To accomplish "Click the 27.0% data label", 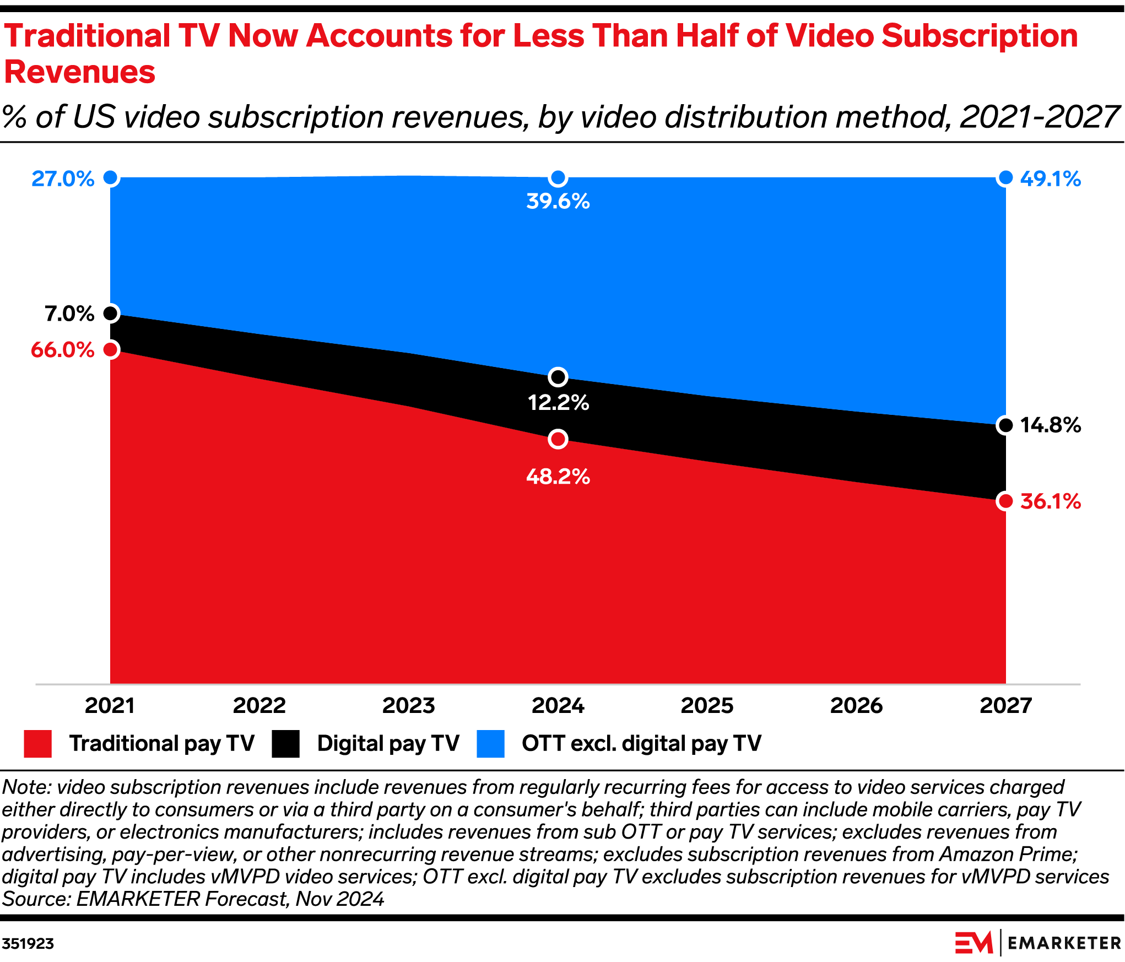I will click(63, 179).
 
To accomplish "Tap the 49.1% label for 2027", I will click(1050, 179).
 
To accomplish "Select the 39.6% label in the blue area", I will click(558, 201).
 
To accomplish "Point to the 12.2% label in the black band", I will click(558, 403).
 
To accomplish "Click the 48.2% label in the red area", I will click(558, 477).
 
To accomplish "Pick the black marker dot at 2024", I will click(558, 377).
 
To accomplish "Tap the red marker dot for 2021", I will click(111, 349).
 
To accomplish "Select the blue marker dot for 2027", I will click(1005, 178).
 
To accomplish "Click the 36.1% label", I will click(1050, 501).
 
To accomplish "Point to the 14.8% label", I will click(1050, 425).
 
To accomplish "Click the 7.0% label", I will click(69, 314).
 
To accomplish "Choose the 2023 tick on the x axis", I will click(409, 706).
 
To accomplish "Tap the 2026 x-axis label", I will click(856, 706).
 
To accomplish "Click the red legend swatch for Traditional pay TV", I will click(38, 744).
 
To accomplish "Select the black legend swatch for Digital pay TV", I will click(285, 744).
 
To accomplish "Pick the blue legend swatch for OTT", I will click(490, 744).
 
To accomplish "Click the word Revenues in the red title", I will click(80, 72).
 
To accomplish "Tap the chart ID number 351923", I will click(28, 944).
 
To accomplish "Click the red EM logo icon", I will click(973, 943).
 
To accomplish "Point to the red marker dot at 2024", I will click(558, 439).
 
